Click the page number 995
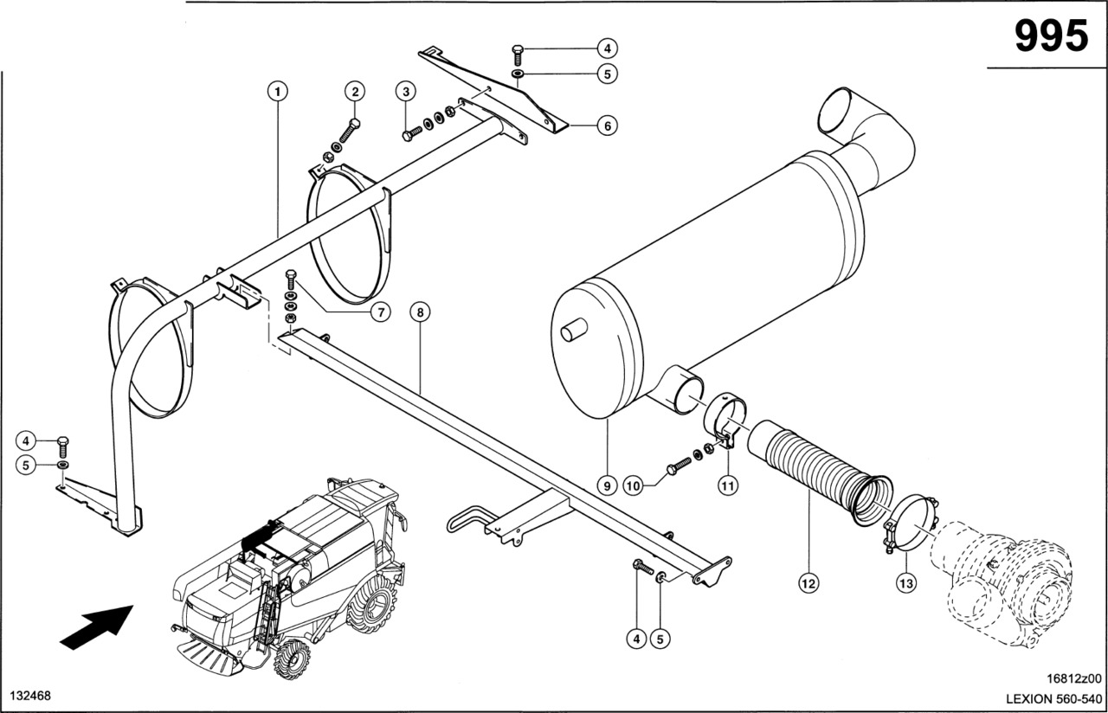pyautogui.click(x=1050, y=37)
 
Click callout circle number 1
pyautogui.click(x=277, y=90)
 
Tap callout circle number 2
pyautogui.click(x=354, y=90)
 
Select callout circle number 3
pyautogui.click(x=404, y=91)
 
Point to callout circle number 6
pyautogui.click(x=606, y=125)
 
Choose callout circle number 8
pyautogui.click(x=420, y=312)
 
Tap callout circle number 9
pyautogui.click(x=607, y=486)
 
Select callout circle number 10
pyautogui.click(x=633, y=486)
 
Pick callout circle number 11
pyautogui.click(x=728, y=486)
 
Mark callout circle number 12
pyautogui.click(x=808, y=584)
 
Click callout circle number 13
pyautogui.click(x=905, y=584)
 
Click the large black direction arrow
pyautogui.click(x=96, y=626)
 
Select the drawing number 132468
pyautogui.click(x=29, y=696)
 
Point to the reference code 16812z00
pyautogui.click(x=1070, y=679)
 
